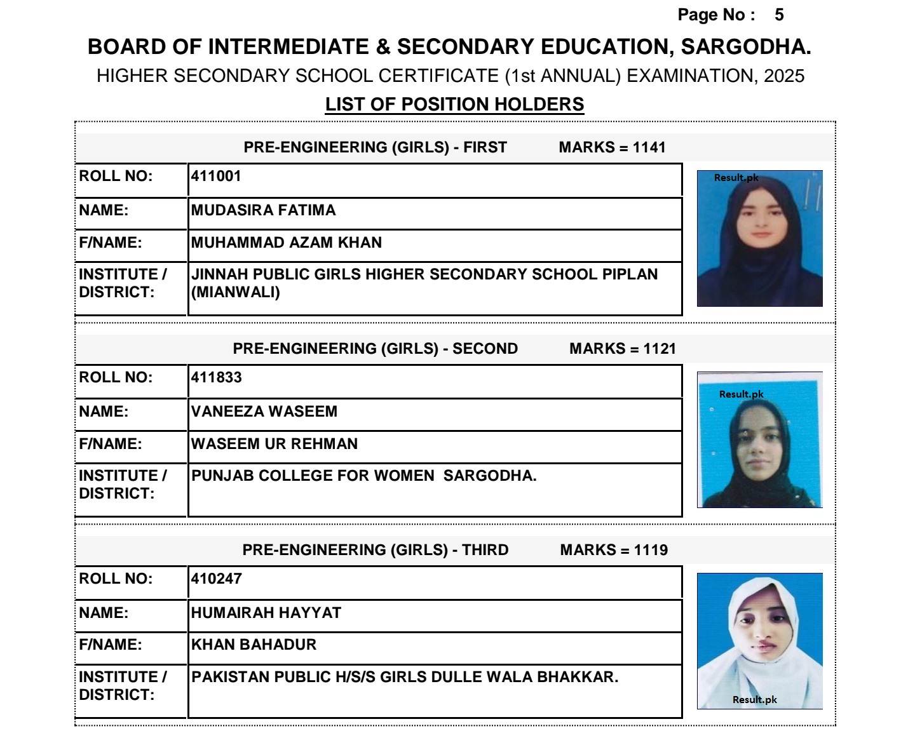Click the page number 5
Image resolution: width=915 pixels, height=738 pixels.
[779, 15]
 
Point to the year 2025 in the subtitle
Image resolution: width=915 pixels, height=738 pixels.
[784, 76]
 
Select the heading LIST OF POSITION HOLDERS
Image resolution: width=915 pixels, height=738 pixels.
[454, 104]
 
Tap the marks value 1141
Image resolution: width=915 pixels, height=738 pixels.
[649, 147]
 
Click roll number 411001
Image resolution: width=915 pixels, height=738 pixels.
[216, 176]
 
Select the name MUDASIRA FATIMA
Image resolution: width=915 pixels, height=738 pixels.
[263, 210]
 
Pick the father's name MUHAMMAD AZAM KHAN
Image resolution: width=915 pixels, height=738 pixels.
[287, 243]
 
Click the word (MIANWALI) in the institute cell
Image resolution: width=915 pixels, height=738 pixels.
[236, 292]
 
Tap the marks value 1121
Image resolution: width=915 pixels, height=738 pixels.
[660, 349]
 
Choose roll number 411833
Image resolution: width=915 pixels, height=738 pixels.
[216, 377]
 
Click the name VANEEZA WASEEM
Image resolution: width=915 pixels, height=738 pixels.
[264, 412]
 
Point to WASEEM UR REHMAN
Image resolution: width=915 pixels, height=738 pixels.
[274, 444]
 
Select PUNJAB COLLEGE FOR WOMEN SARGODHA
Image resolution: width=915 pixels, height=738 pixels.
[363, 476]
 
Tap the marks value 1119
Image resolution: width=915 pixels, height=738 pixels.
[651, 550]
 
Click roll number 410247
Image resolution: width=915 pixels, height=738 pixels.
[216, 579]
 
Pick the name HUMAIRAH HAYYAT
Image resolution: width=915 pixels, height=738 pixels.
[266, 613]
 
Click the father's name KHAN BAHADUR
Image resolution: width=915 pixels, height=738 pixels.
[254, 645]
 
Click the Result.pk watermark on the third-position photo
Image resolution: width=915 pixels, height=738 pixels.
[754, 699]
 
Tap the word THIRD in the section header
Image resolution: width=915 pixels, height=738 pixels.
[485, 550]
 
